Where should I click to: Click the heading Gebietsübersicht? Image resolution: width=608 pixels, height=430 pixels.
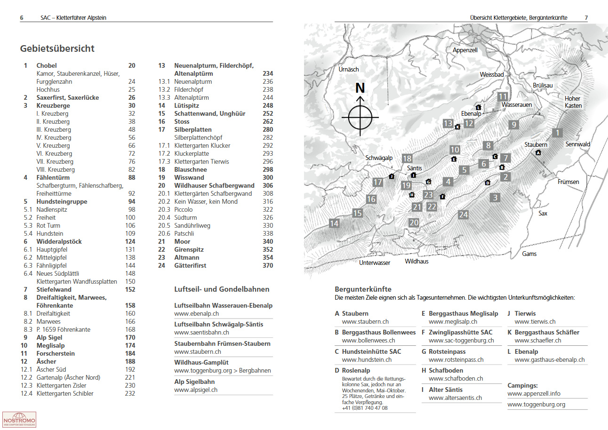(x=57, y=48)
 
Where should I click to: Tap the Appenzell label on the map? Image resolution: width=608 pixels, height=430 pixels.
(x=465, y=50)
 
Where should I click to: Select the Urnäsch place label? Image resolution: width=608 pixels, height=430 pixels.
(x=349, y=69)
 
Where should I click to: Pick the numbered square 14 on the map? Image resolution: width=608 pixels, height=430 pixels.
(x=334, y=223)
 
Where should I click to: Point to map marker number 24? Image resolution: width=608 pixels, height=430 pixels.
(x=464, y=215)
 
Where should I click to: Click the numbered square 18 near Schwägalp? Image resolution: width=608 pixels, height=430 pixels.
(x=407, y=159)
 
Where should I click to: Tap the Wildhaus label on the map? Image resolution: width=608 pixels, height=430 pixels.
(x=416, y=261)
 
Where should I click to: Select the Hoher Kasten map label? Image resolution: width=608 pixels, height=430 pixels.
(x=573, y=102)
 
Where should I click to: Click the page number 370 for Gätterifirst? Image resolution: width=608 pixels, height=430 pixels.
(x=268, y=265)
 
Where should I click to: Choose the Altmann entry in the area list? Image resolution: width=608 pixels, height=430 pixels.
(x=186, y=257)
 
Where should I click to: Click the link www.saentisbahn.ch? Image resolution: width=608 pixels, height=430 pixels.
(x=198, y=333)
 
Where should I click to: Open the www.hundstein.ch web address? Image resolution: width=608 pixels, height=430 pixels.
(x=367, y=360)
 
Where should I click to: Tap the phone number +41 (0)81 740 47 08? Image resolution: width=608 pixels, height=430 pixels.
(x=365, y=408)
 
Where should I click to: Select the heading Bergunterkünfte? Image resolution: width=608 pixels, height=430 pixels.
(x=363, y=289)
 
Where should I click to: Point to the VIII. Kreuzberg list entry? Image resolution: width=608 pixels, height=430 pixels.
(x=56, y=169)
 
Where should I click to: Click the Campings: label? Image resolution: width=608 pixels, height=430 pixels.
(x=522, y=385)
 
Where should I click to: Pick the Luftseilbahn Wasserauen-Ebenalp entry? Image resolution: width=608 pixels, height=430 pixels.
(x=223, y=305)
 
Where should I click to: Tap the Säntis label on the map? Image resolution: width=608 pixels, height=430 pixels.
(x=414, y=168)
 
